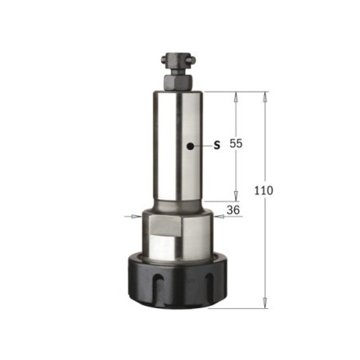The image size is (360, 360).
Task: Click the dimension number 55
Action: coord(236,143)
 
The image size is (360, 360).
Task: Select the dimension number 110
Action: coord(264,190)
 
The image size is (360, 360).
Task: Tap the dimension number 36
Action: coord(233,210)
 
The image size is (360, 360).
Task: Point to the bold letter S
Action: coord(217,145)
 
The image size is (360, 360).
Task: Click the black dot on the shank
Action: coord(190,146)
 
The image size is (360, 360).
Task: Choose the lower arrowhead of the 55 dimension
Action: coord(236,197)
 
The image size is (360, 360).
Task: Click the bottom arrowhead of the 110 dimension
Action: coord(264,303)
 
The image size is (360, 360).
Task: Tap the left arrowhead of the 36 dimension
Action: coord(136,217)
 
